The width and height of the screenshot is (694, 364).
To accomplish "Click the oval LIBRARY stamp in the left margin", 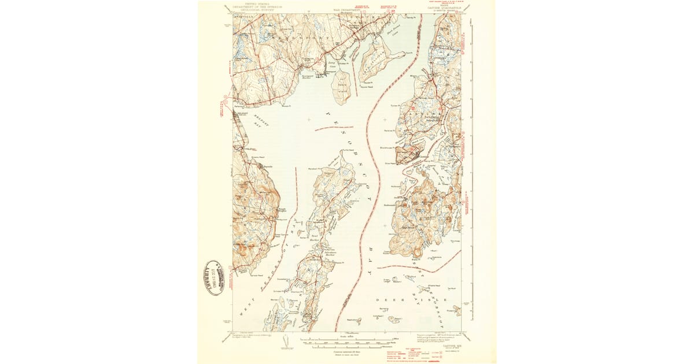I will (x=212, y=278).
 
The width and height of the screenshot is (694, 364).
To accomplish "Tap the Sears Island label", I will (x=342, y=83).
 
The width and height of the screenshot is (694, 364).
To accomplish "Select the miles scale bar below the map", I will (x=346, y=340).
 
